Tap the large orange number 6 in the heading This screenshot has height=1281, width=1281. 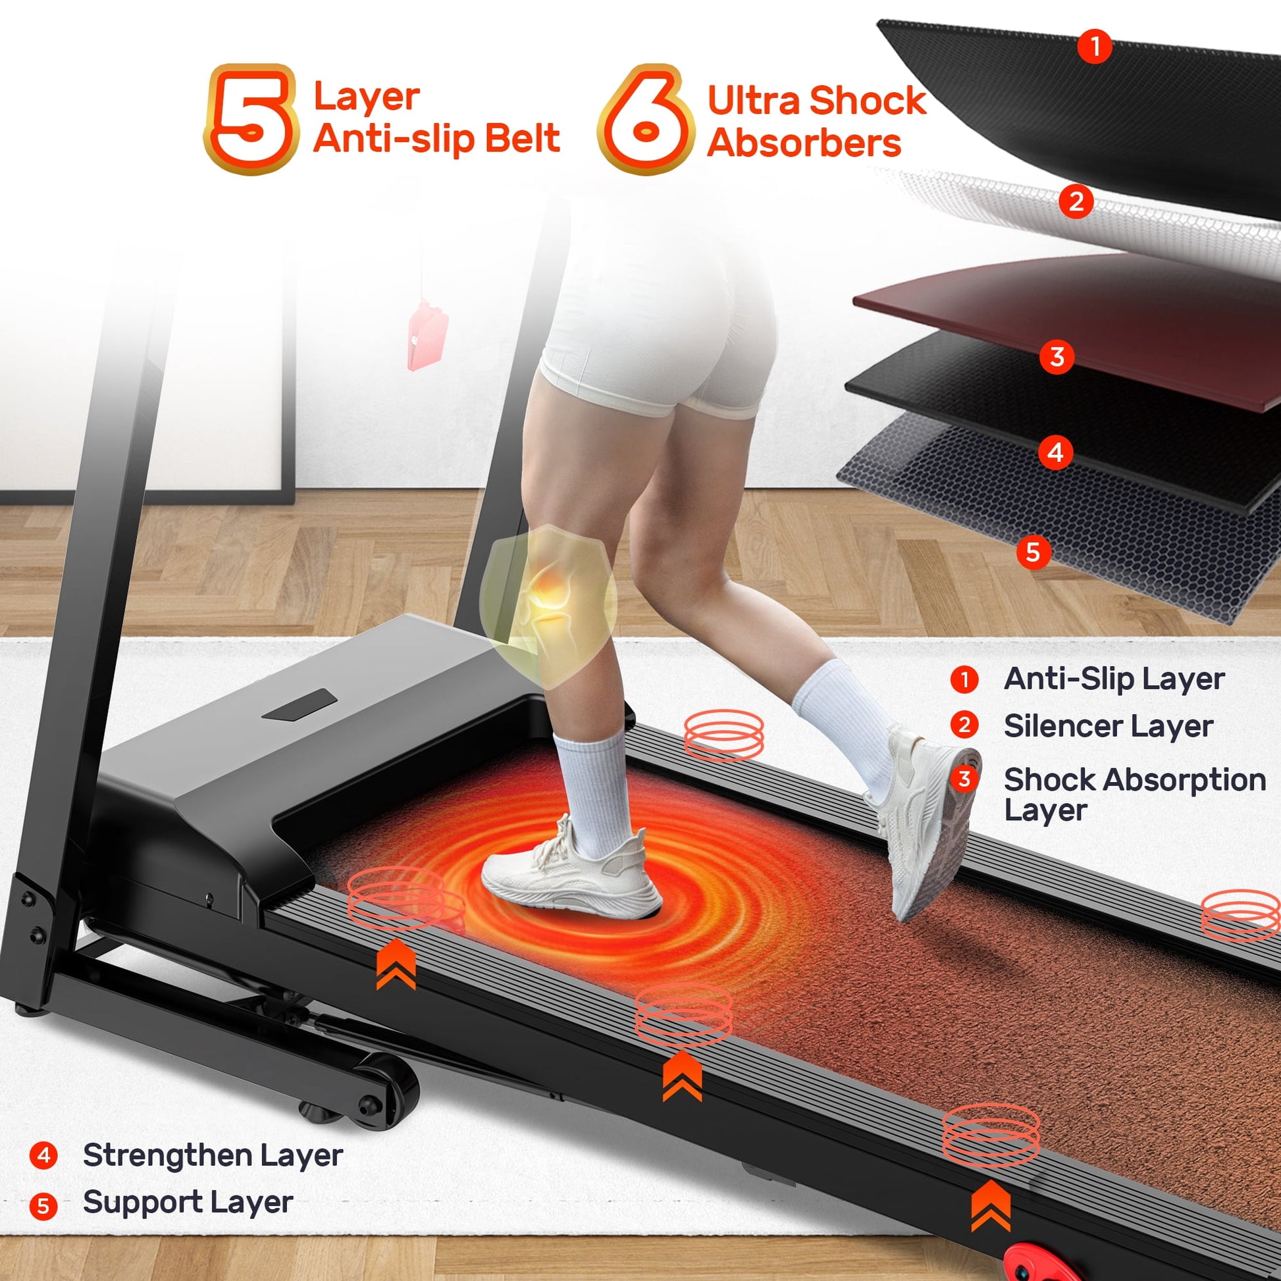pyautogui.click(x=644, y=119)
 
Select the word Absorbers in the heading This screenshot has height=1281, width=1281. pyautogui.click(x=804, y=144)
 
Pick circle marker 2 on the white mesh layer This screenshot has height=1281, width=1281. pyautogui.click(x=1076, y=200)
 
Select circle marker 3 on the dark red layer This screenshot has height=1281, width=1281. pyautogui.click(x=1057, y=357)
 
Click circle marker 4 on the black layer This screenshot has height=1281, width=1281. pyautogui.click(x=1056, y=454)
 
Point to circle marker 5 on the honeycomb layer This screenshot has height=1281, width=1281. pyautogui.click(x=1033, y=552)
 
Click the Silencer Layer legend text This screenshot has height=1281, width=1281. pyautogui.click(x=1109, y=726)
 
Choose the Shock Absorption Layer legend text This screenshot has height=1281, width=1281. pyautogui.click(x=1134, y=795)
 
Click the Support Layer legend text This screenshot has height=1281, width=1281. pyautogui.click(x=188, y=1203)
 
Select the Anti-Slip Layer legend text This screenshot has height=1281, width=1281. pyautogui.click(x=1114, y=678)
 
